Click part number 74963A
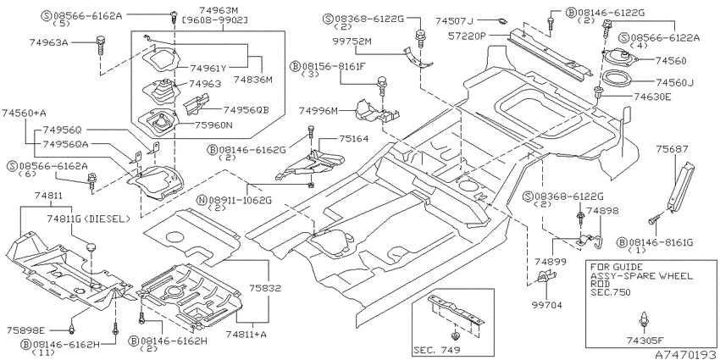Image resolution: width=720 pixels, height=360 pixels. pyautogui.click(x=48, y=42)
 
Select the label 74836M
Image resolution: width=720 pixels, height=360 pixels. pyautogui.click(x=253, y=80)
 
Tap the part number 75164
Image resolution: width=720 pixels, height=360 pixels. pyautogui.click(x=353, y=138)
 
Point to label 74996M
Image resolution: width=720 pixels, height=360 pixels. pyautogui.click(x=318, y=111)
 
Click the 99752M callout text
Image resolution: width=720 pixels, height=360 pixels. pyautogui.click(x=352, y=42)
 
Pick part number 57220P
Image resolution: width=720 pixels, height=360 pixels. pyautogui.click(x=466, y=36)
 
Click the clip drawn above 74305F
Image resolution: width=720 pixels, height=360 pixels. pyautogui.click(x=645, y=319)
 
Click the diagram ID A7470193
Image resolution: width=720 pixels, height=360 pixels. pyautogui.click(x=684, y=354)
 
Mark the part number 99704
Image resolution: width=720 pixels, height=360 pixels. pyautogui.click(x=547, y=304)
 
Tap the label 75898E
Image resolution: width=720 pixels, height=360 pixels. pyautogui.click(x=26, y=330)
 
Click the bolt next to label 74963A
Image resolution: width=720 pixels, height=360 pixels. pyautogui.click(x=100, y=46)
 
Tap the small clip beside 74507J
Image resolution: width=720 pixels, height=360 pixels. pyautogui.click(x=503, y=20)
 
